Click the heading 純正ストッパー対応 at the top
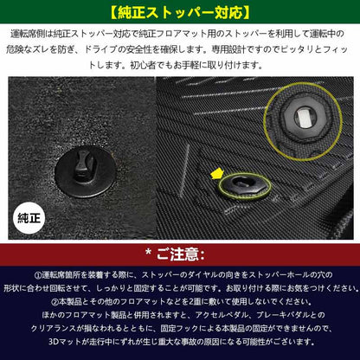click(179, 13)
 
